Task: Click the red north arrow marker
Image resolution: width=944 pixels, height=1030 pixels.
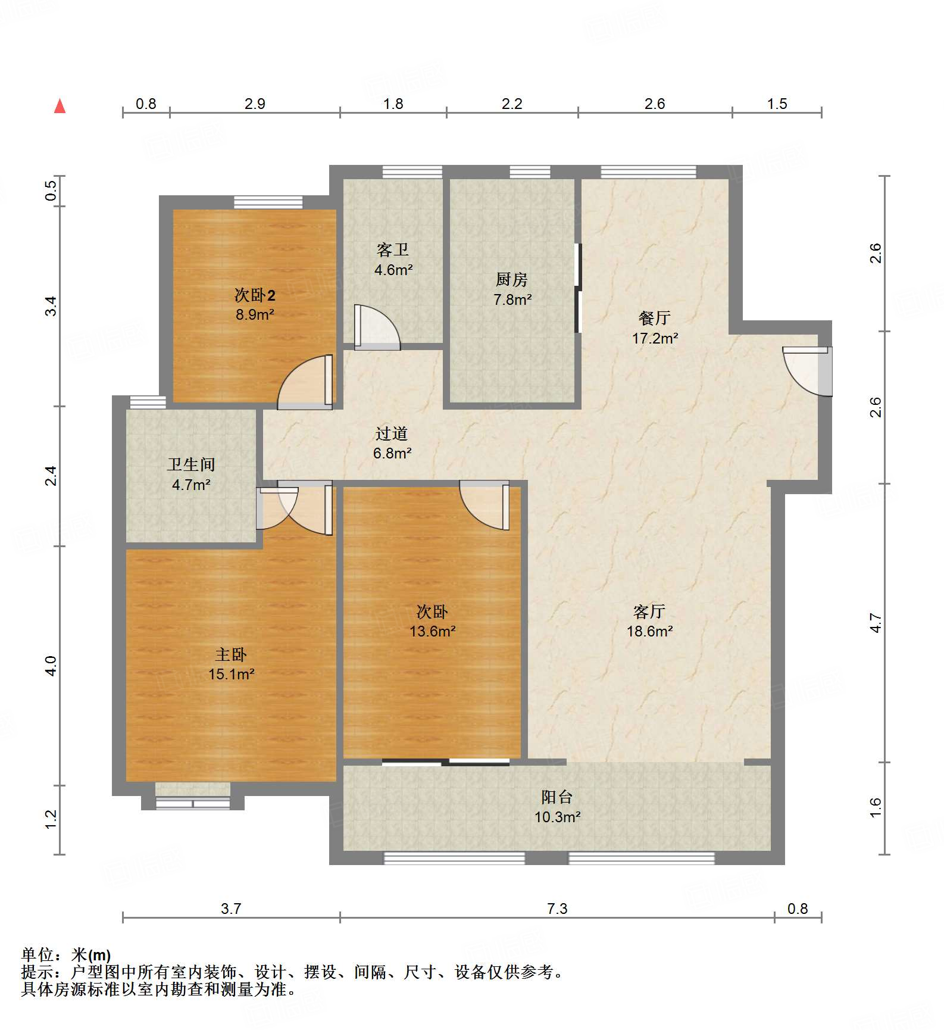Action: pyautogui.click(x=60, y=106)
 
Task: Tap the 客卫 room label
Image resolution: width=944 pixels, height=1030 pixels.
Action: pyautogui.click(x=393, y=249)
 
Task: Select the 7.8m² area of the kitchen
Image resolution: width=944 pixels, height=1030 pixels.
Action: pyautogui.click(x=512, y=299)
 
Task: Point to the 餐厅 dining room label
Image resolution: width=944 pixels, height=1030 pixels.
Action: pyautogui.click(x=655, y=318)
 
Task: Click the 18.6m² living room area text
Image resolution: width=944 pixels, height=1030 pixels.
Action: pyautogui.click(x=649, y=631)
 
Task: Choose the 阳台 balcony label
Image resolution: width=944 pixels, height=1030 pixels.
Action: pyautogui.click(x=557, y=797)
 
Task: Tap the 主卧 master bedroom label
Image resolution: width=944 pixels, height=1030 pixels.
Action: pyautogui.click(x=231, y=655)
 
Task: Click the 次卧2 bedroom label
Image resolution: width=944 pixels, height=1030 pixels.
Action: pyautogui.click(x=255, y=295)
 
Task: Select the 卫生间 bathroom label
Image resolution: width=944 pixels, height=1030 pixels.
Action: pyautogui.click(x=191, y=464)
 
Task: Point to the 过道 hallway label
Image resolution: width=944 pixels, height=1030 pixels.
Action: pyautogui.click(x=392, y=433)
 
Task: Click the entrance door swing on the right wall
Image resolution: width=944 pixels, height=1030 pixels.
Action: pyautogui.click(x=807, y=371)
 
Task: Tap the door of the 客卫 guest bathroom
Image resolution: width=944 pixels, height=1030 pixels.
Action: pyautogui.click(x=377, y=327)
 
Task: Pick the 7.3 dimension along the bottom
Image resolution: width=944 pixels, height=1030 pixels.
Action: pyautogui.click(x=557, y=909)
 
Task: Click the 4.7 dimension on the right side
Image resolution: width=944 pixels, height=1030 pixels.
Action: pyautogui.click(x=875, y=623)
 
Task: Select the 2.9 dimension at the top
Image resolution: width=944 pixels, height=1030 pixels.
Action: pyautogui.click(x=255, y=104)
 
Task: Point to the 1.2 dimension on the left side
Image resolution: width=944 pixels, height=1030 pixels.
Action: pyautogui.click(x=51, y=819)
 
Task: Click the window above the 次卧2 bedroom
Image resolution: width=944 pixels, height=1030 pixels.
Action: pyautogui.click(x=268, y=202)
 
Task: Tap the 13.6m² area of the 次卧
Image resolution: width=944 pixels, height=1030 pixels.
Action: pyautogui.click(x=433, y=631)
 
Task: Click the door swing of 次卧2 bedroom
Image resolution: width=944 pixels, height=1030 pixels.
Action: pyautogui.click(x=305, y=382)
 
